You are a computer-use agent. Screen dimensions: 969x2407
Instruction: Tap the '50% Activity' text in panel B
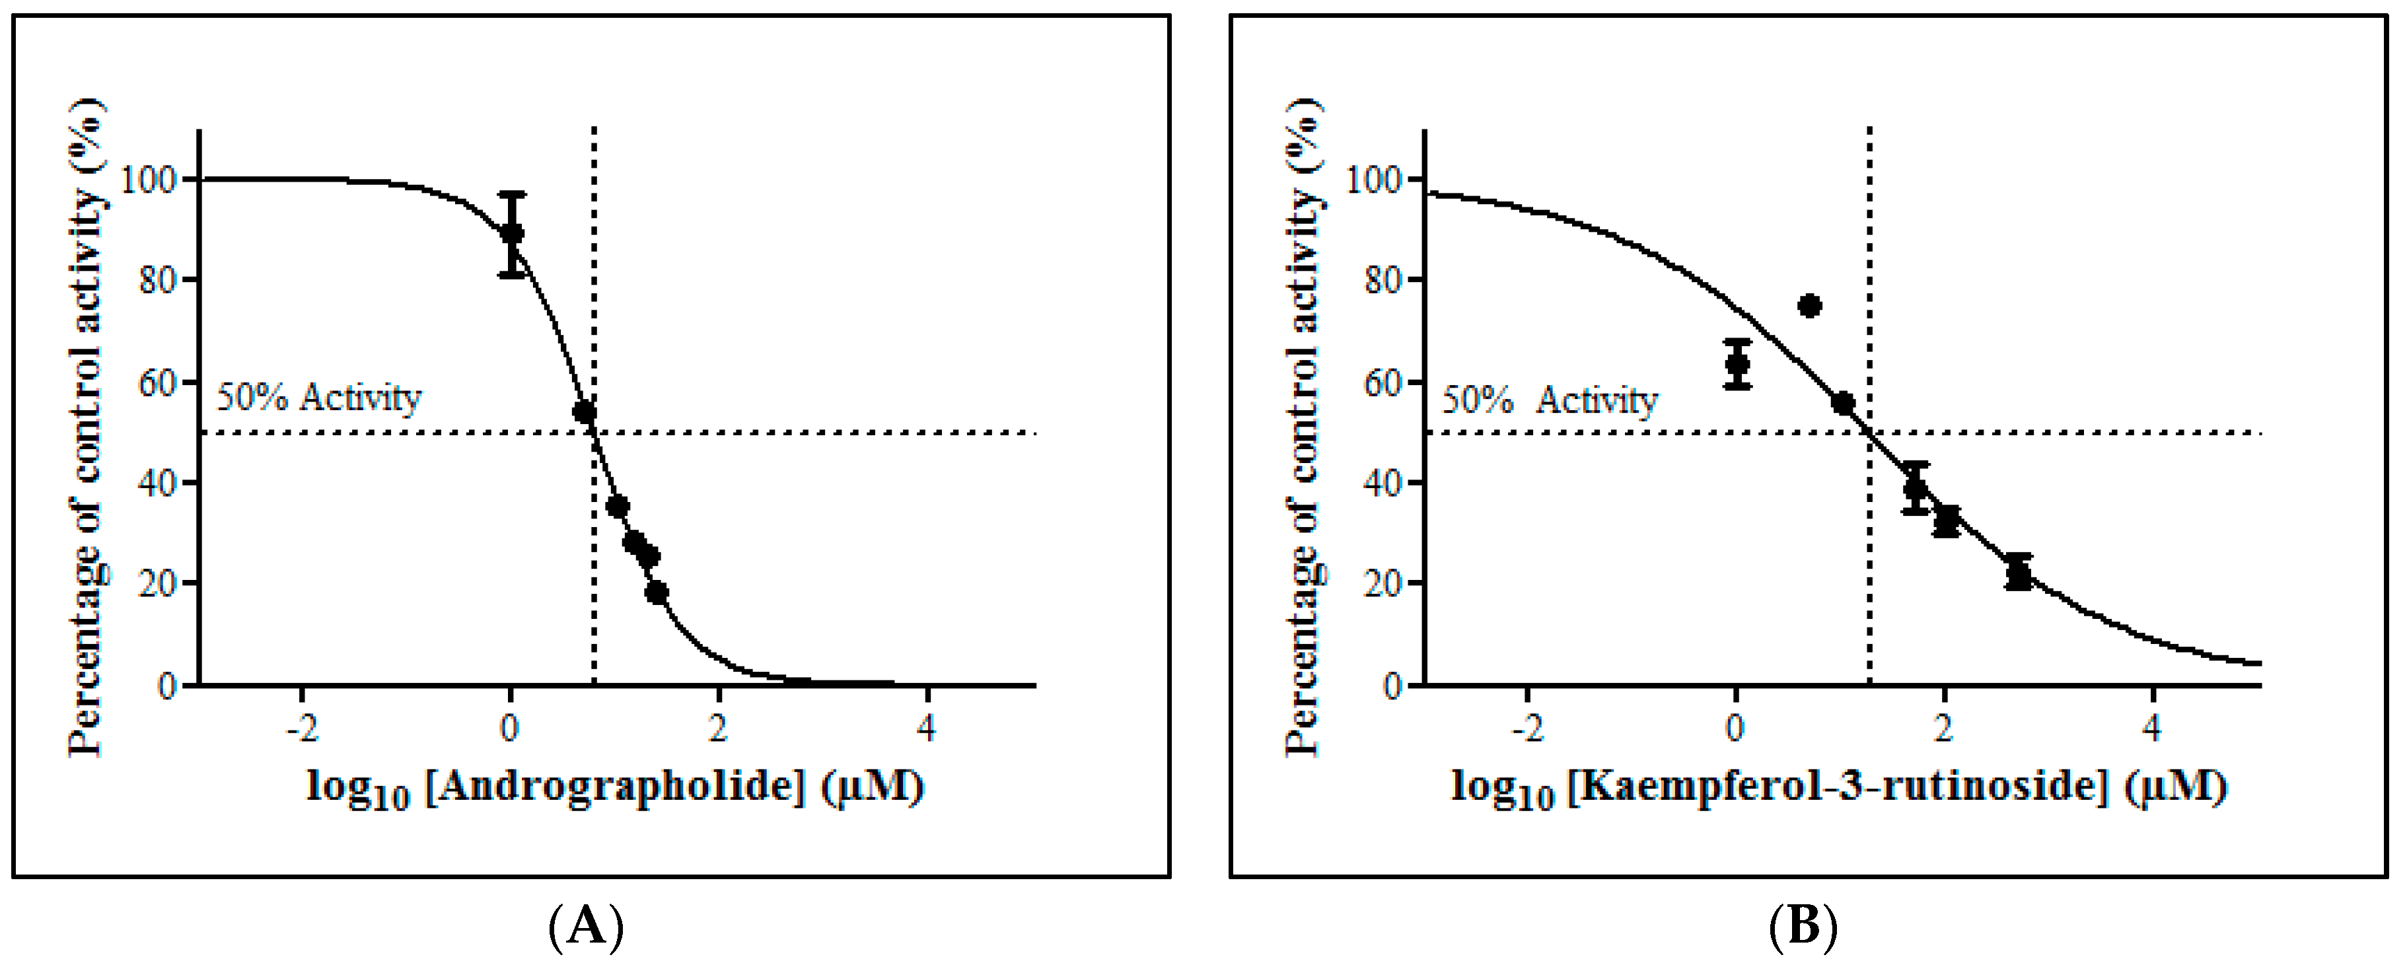coord(1549,401)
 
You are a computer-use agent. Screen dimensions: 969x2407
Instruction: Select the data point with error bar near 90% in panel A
coord(511,234)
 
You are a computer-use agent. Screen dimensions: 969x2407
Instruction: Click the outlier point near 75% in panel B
coord(1809,306)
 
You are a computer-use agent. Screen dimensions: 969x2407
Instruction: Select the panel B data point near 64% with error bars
coord(1737,363)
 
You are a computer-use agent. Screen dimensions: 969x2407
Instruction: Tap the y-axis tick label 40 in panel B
coord(1383,483)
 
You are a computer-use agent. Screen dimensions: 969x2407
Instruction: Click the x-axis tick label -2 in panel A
coord(302,728)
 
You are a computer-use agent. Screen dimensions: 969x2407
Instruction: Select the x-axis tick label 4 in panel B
coord(2152,728)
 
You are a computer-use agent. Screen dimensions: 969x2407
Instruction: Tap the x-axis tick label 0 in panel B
coord(1735,728)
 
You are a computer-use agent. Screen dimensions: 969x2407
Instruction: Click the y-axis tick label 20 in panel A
coord(157,584)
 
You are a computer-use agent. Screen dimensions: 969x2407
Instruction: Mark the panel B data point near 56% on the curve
coord(1843,404)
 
